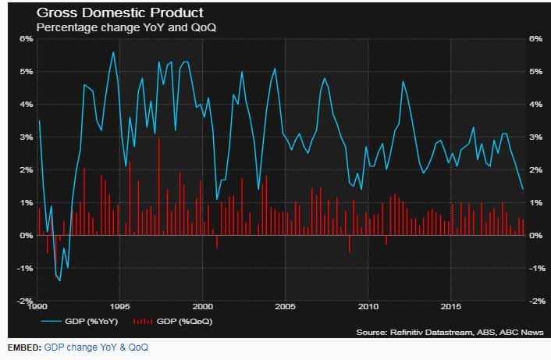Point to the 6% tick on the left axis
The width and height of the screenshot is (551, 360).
(25, 38)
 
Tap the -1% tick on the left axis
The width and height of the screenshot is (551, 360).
(24, 268)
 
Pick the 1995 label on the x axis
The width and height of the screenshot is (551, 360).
(120, 306)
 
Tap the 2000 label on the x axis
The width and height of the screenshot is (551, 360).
(202, 306)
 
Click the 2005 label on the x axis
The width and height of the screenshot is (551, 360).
(285, 306)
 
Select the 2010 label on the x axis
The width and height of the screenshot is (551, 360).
(368, 306)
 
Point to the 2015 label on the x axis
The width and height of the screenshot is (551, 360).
(450, 306)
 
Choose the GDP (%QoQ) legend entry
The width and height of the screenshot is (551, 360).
(166, 321)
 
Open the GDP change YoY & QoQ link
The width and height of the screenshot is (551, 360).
(95, 347)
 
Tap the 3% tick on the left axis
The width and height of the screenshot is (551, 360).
(25, 137)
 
